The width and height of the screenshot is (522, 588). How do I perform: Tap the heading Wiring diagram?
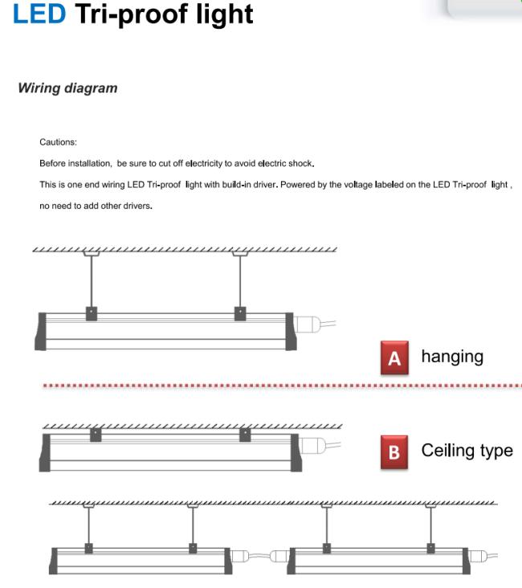(67, 88)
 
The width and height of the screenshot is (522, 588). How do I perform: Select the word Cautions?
(58, 142)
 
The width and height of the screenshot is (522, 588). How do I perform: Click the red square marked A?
(394, 358)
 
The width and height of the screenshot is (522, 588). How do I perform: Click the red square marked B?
(394, 451)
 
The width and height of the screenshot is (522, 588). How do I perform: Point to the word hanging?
(452, 357)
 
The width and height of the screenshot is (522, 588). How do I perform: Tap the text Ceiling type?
(467, 450)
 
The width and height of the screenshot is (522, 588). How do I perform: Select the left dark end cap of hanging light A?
(39, 331)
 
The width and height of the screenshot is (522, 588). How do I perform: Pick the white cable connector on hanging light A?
(308, 325)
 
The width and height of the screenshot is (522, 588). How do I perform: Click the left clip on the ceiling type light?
(96, 435)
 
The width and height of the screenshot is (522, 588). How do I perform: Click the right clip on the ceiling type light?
(244, 435)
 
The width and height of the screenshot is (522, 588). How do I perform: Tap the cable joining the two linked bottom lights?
(259, 554)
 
